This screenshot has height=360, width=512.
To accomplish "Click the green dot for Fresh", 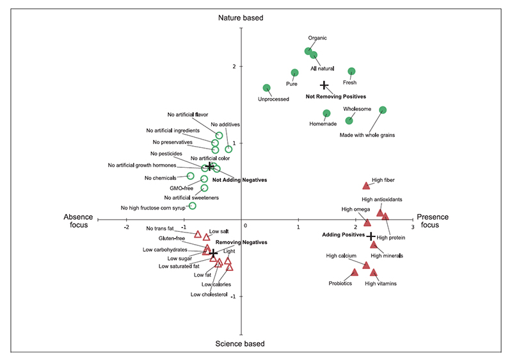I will pos(351,71).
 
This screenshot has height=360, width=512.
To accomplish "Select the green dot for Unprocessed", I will pos(267,88).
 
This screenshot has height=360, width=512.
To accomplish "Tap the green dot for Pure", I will pos(295,73).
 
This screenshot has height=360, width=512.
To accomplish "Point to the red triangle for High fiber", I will pos(366,186).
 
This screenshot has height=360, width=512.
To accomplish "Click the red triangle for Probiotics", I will pos(354,272).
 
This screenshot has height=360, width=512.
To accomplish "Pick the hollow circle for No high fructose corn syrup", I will pos(192,206).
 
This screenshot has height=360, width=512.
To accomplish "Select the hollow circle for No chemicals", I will pos(190,176).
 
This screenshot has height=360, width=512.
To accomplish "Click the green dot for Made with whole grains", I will pos(383,110).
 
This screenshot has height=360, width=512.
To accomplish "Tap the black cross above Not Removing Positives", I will pos(324,85).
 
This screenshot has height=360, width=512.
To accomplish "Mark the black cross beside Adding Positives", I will pos(371,236).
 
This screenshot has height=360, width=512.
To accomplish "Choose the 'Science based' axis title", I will pos(241,344).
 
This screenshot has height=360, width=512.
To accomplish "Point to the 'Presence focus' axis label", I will pos(429,221).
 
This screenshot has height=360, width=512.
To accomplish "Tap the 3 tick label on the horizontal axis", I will pos(412,227).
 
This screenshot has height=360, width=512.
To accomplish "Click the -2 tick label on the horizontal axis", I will pos(126,227).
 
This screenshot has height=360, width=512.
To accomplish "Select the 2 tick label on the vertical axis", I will pos(235,67).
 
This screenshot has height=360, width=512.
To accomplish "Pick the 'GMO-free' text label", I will pos(181,188).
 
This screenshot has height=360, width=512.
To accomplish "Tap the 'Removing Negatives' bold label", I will pos(241,243).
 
